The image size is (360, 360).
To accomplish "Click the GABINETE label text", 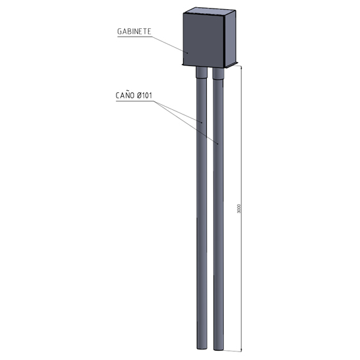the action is (134, 31).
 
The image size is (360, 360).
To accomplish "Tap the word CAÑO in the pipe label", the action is (125, 95).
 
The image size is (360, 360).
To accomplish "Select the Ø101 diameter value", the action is (145, 96).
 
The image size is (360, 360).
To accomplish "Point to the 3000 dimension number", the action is (239, 208).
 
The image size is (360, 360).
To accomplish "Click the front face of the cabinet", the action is (204, 40).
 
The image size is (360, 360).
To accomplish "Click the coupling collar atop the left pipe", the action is (202, 73).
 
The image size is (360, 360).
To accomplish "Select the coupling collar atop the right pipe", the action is (218, 73).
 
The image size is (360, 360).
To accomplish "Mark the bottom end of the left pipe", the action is (202, 348).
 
